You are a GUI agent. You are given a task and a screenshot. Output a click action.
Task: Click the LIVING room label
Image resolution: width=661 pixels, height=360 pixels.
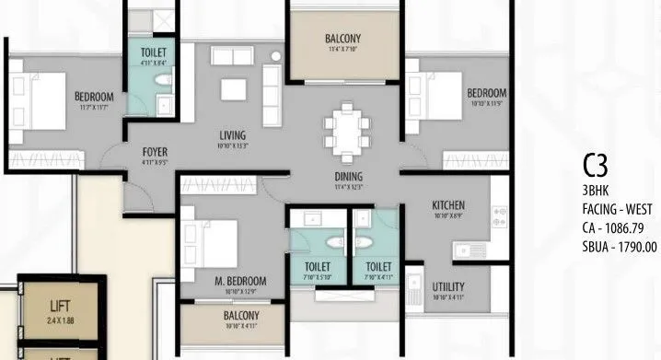click(x=231, y=134)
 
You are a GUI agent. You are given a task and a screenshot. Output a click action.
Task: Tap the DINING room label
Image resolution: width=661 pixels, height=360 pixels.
click(x=348, y=177)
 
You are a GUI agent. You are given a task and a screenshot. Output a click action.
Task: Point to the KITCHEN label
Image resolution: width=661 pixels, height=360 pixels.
click(x=448, y=204)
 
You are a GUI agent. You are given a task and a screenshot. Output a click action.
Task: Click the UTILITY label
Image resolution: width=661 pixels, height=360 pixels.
click(x=448, y=286)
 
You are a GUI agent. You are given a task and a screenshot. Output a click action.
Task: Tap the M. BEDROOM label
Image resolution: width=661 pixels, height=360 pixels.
click(x=242, y=281)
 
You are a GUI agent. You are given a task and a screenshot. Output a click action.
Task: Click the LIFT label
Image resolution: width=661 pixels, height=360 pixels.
click(x=60, y=301)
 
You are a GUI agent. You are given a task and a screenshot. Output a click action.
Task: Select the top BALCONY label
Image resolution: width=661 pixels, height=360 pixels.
click(x=342, y=39)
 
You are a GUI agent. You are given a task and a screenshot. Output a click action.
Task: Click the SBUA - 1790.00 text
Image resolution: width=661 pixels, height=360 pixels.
click(x=620, y=246)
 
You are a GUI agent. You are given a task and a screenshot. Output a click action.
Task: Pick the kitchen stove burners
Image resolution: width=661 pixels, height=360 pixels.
click(x=502, y=216)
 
